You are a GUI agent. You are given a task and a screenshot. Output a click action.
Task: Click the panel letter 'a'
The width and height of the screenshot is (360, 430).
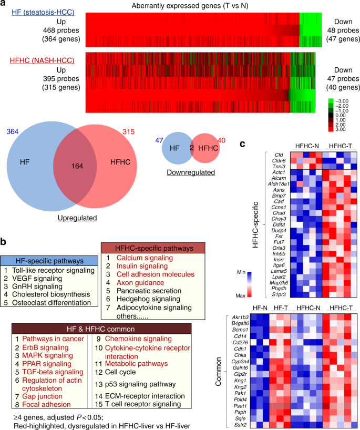tap(4, 5)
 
